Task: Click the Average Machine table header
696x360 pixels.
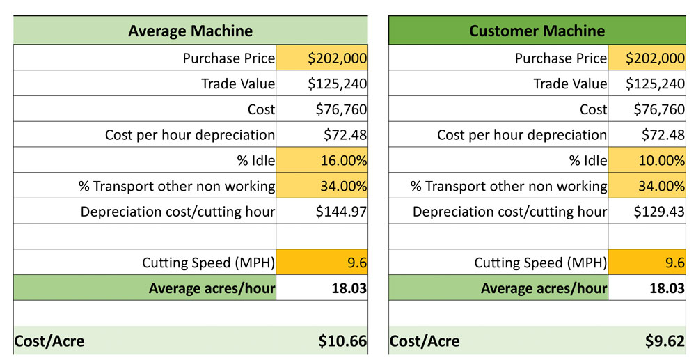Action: coord(190,31)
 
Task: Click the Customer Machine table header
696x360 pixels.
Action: coord(537,31)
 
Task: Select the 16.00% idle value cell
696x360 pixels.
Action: coord(322,160)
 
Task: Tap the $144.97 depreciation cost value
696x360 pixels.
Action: coord(322,211)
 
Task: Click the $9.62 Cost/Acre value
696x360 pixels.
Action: coord(664,341)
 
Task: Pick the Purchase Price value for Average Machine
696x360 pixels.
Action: coord(322,58)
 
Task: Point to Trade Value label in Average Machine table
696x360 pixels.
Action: coord(238,84)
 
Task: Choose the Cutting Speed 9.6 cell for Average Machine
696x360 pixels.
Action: coord(322,263)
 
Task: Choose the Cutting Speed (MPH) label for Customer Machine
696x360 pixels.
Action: coord(540,263)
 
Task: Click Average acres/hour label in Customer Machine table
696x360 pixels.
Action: coord(544,288)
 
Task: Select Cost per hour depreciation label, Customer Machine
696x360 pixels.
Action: coord(521,135)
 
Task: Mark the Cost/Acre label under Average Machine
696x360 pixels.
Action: coord(49,341)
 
